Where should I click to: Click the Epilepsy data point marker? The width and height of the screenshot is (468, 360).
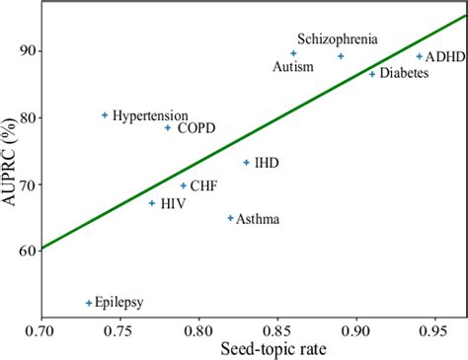coord(89,303)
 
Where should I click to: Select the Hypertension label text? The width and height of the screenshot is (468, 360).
coord(148,115)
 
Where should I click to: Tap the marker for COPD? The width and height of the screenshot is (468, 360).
coord(168,127)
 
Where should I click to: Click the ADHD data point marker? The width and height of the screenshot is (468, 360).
coord(420,56)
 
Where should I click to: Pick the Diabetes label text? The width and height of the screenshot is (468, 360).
coord(405,74)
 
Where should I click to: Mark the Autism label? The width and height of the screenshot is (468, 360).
coord(293,67)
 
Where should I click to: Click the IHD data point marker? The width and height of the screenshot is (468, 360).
coord(247,163)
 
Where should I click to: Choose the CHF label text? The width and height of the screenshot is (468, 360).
coord(204,185)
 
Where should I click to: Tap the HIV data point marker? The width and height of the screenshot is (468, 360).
coord(152,203)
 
